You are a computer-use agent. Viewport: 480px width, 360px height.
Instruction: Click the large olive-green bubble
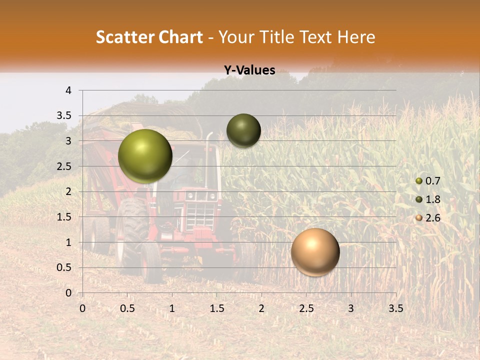145,156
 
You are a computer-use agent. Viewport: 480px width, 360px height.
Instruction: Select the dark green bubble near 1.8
243,130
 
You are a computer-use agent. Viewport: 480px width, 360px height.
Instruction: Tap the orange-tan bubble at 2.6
315,252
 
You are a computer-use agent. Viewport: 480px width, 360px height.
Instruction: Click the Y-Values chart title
249,70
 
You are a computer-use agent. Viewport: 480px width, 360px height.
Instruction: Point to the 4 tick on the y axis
69,90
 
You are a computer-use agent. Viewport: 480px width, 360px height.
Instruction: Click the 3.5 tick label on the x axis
395,308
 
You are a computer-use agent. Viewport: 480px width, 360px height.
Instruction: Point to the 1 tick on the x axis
172,308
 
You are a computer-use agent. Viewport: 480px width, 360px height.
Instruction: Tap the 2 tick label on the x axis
261,308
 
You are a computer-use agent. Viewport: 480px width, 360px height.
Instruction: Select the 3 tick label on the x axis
351,308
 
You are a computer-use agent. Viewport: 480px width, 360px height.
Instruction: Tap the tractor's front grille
199,215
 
